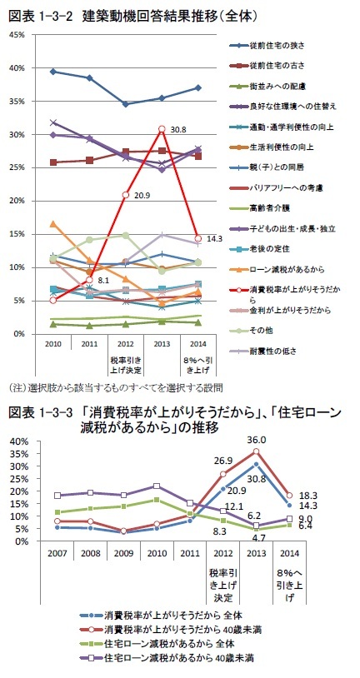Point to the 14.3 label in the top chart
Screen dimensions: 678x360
214,238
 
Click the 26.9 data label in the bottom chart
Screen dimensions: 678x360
222,460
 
